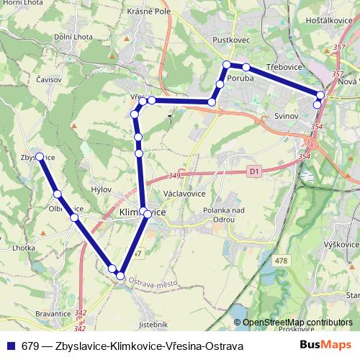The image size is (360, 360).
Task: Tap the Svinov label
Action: click(x=287, y=115)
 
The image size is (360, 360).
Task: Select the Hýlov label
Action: click(x=102, y=189)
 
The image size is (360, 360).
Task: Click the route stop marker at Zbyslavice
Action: click(x=40, y=156)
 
